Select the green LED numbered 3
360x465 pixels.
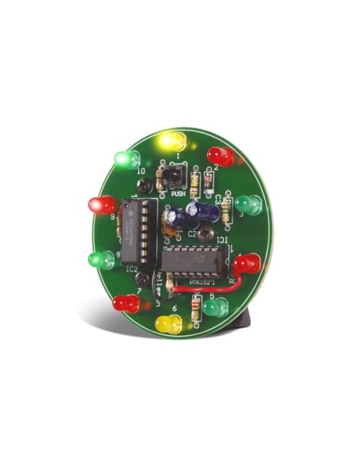(248, 205)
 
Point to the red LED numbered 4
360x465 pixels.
(246, 263)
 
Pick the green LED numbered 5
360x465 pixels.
(215, 306)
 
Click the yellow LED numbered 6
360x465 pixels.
(168, 323)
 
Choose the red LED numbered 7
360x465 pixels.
(125, 303)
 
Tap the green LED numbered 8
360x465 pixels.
(101, 259)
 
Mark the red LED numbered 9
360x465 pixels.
(102, 205)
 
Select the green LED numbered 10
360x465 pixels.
(127, 159)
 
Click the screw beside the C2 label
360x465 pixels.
(205, 235)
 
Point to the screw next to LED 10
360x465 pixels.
(144, 186)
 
